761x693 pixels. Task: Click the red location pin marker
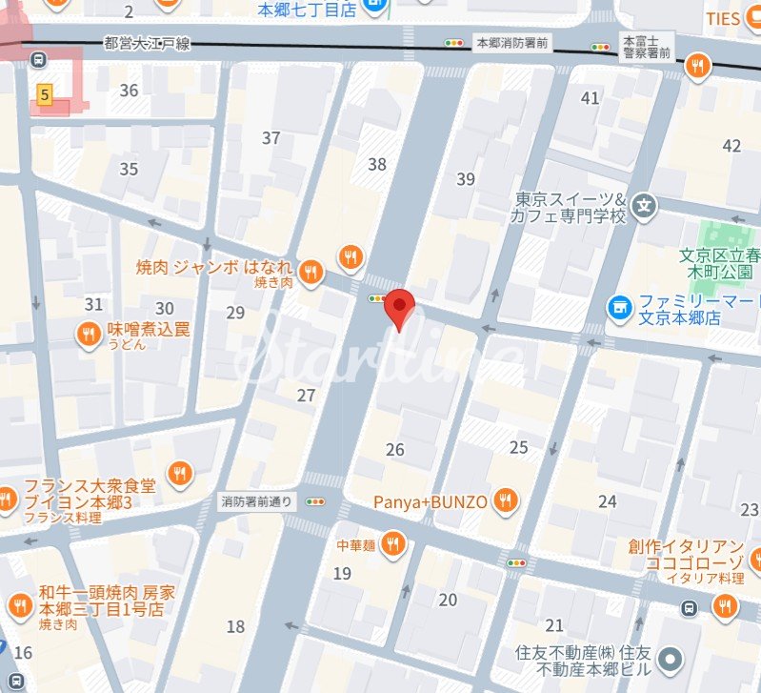pos(400,307)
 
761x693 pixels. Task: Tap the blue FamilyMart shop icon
pos(620,307)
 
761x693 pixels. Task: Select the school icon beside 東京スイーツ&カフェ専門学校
pos(646,204)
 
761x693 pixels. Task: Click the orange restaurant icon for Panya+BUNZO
pos(506,500)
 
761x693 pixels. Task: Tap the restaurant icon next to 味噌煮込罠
pos(90,333)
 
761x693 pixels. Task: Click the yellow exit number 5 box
pos(44,92)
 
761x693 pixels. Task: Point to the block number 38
pos(377,164)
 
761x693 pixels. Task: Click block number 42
pos(731,146)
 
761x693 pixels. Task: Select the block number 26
pos(394,450)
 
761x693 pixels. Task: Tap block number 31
pos(93,304)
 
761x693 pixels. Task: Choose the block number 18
pos(235,626)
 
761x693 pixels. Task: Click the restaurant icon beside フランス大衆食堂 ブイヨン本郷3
pos(177,472)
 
